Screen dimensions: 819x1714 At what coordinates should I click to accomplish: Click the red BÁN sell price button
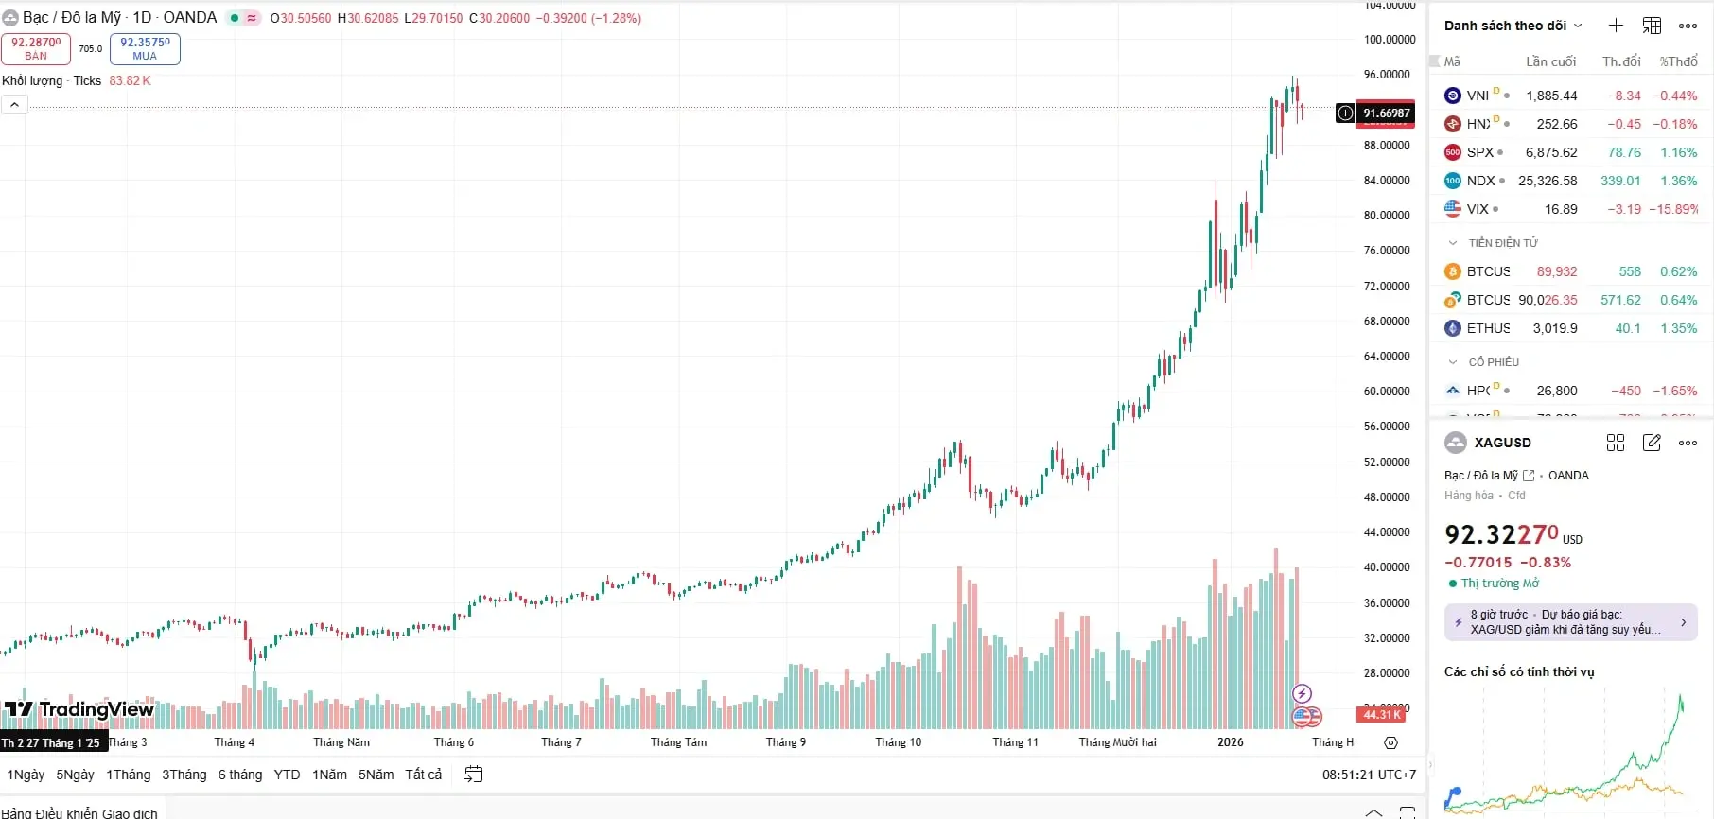coord(36,48)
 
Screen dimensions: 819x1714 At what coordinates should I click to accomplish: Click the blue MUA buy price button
coord(145,48)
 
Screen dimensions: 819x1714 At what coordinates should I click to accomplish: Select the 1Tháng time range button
coord(128,775)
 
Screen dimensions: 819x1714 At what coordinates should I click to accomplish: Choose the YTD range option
coord(287,775)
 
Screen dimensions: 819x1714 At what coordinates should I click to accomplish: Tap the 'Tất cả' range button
coord(423,775)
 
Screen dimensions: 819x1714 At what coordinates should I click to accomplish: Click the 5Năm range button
coord(376,775)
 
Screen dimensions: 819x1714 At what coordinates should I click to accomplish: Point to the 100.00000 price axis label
coord(1389,40)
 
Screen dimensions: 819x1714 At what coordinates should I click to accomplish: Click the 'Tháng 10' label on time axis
coord(898,742)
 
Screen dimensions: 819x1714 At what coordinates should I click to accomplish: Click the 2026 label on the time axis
coord(1230,742)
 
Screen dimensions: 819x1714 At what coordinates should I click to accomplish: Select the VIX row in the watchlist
coord(1570,209)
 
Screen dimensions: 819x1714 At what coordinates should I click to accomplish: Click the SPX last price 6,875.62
coord(1550,152)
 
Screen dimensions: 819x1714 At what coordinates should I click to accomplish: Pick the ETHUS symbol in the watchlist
coord(1488,328)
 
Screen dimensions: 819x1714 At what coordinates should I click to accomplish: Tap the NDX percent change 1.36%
coord(1678,181)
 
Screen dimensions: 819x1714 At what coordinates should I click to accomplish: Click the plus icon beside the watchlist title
coord(1616,26)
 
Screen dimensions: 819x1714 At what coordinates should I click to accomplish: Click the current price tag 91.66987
coord(1386,113)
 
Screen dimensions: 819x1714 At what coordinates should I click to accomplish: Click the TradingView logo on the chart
coord(79,709)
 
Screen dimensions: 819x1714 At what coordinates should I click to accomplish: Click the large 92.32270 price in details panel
coord(1501,535)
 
